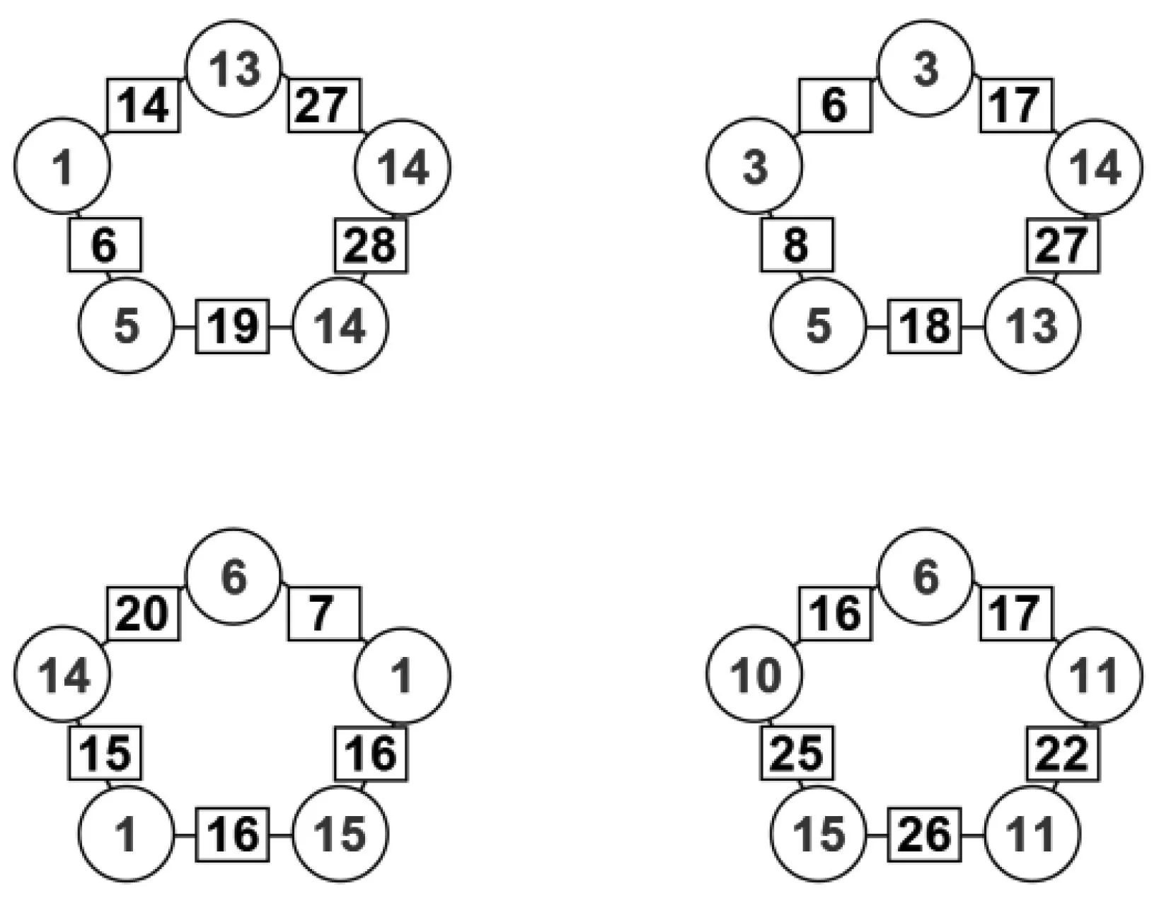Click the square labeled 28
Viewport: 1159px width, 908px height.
371,245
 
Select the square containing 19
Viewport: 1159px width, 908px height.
233,327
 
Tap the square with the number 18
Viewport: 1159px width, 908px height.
925,327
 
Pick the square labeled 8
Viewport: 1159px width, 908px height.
797,245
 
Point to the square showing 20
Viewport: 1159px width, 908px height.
144,613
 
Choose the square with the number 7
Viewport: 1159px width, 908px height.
323,613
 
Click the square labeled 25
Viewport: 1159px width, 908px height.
797,753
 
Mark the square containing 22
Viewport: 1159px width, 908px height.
1063,753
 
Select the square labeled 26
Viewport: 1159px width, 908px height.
925,834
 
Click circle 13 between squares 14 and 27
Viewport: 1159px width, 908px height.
233,69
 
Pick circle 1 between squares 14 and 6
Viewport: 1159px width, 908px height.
63,166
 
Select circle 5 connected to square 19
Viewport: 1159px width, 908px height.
127,326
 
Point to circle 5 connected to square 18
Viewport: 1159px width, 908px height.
819,326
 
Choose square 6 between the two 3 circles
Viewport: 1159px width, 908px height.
835,105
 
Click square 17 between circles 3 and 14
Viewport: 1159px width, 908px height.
1015,105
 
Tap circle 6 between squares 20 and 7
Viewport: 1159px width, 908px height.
233,576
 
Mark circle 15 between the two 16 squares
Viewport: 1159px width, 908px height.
340,834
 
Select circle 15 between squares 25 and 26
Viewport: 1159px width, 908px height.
819,834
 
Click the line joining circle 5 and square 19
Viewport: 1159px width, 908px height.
185,327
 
